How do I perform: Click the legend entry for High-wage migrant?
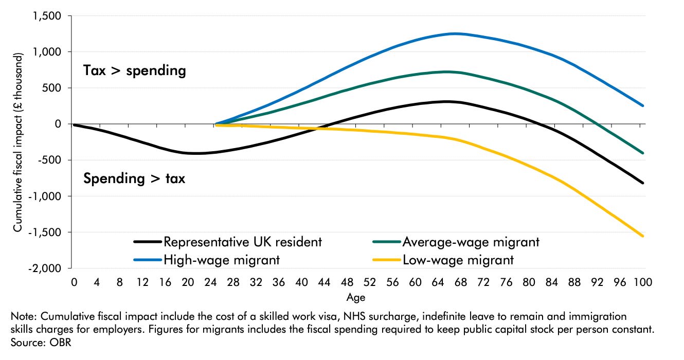coord(221,260)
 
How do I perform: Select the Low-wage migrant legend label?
coord(458,260)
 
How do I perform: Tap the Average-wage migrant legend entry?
coord(471,241)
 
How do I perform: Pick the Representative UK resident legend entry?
coord(242,241)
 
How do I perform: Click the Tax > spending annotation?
coord(134,70)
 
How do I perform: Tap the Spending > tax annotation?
coord(134,178)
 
